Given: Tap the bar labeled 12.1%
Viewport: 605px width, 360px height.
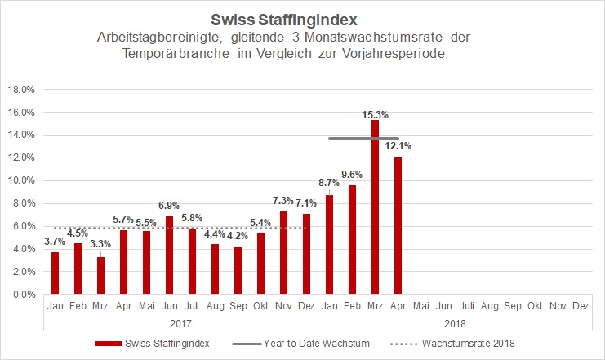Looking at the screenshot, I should point(398,225).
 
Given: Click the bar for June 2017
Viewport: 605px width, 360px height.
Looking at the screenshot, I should point(169,255).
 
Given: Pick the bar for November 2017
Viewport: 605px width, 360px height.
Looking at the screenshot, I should point(283,252).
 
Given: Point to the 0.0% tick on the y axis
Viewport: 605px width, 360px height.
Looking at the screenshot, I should point(22,295).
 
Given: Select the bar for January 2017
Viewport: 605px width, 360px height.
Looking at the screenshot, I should point(55,273).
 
